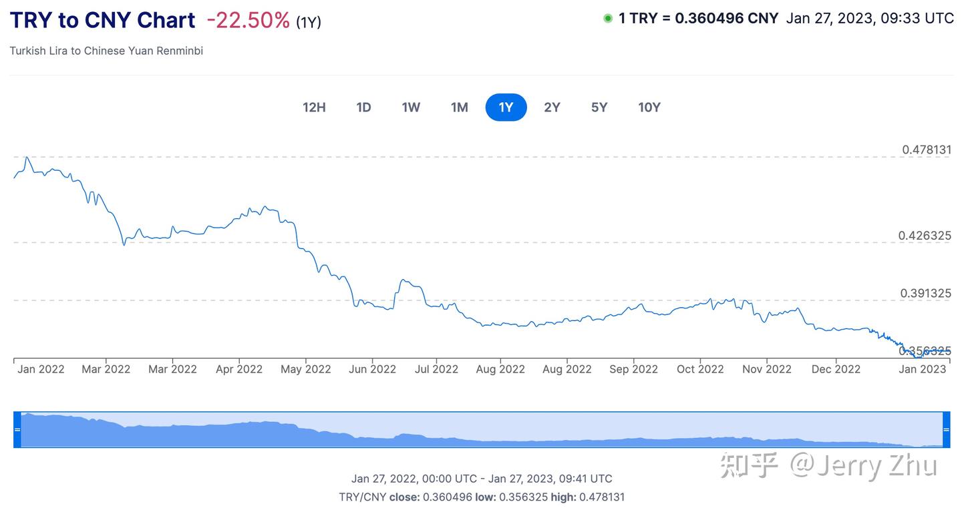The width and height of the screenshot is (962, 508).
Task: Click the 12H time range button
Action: tap(314, 107)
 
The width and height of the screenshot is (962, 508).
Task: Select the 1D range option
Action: tap(363, 107)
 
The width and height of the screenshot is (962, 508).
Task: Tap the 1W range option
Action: tap(411, 107)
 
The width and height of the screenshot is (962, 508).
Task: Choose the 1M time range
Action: tap(460, 107)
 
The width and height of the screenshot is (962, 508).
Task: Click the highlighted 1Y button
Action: tap(506, 107)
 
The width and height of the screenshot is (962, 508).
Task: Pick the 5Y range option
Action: tap(599, 107)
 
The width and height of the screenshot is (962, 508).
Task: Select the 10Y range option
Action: tap(649, 107)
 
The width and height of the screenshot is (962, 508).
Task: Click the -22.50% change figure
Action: tap(248, 21)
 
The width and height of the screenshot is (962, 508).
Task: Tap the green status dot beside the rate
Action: tap(608, 19)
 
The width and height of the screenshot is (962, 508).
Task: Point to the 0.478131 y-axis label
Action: tap(927, 150)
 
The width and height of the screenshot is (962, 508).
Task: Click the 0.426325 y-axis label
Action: tap(925, 236)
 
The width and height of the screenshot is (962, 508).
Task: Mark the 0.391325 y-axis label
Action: tap(926, 293)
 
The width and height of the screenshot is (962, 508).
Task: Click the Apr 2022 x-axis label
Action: tap(239, 369)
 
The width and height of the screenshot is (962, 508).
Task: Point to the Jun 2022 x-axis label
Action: tap(373, 369)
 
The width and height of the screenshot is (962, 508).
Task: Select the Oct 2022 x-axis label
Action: tap(700, 369)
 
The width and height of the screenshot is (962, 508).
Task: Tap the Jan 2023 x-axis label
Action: tap(923, 369)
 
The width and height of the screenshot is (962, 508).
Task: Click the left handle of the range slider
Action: tap(17, 430)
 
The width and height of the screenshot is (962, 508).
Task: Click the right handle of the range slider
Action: tap(946, 430)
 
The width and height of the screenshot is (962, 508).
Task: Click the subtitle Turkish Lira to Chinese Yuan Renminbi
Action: tap(106, 51)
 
